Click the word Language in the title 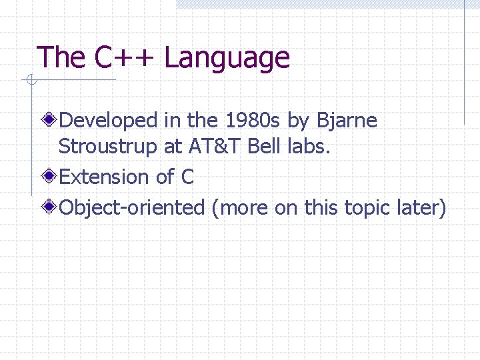click(227, 59)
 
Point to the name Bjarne click(347, 121)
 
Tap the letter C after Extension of click(187, 177)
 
